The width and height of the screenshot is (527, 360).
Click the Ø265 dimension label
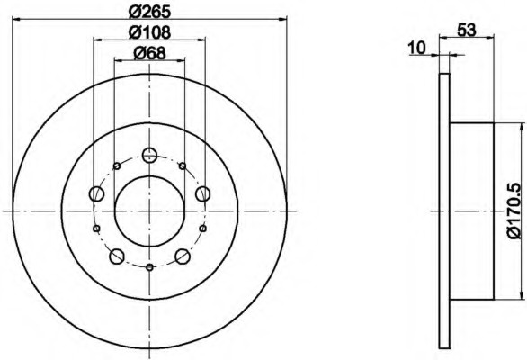coord(149,12)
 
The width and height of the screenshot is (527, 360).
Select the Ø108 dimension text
coord(149,32)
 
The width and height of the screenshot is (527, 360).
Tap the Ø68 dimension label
coord(149,53)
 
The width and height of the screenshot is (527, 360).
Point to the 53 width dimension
coord(467,31)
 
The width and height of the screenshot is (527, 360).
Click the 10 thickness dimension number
coord(416,48)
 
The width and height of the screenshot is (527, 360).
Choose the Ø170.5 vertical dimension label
coord(515,211)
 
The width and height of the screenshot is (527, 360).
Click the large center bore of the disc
coord(149,211)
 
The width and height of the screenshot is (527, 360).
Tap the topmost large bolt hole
coord(149,155)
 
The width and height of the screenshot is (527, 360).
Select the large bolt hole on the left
coord(97,193)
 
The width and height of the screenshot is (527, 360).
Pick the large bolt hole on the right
coord(202,193)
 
